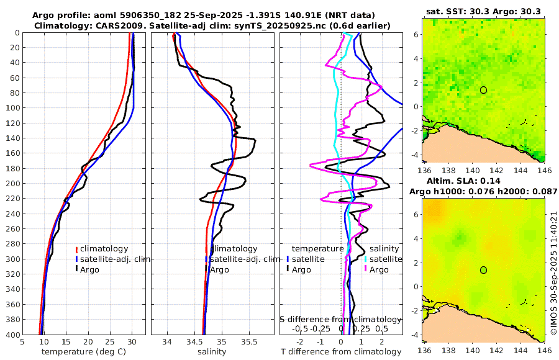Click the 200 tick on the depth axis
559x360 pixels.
[12, 183]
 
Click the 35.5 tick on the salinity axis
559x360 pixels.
[249, 341]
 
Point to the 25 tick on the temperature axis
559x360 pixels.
[110, 341]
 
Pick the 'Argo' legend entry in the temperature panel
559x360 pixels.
[90, 269]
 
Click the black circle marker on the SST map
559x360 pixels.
[483, 90]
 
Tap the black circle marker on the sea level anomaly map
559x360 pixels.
[483, 270]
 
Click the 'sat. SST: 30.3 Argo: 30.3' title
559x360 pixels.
[483, 11]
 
